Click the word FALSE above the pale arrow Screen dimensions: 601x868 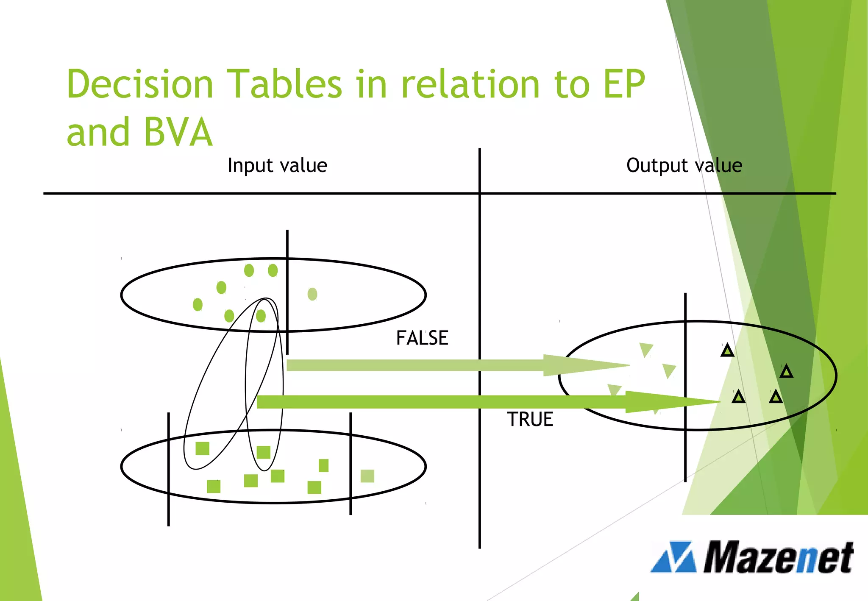coord(422,338)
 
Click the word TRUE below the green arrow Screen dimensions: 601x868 coord(530,420)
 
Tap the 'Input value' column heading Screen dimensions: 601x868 coord(277,165)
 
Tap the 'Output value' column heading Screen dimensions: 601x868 coord(684,165)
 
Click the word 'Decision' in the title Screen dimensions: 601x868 coord(140,84)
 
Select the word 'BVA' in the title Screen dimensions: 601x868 coord(178,132)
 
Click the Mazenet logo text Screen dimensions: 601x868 coord(778,558)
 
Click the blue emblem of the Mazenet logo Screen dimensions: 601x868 coord(673,557)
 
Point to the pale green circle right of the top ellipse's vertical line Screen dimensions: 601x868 coord(312,294)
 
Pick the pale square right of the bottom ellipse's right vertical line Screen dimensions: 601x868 coord(367,476)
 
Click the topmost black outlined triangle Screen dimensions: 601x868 coord(727,351)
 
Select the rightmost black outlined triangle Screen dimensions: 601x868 coord(786,372)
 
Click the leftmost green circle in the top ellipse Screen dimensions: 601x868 coord(198,304)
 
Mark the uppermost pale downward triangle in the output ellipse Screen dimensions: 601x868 coord(646,350)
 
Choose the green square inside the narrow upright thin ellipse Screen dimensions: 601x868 coord(264,452)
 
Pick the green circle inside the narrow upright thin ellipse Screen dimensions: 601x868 coord(261,316)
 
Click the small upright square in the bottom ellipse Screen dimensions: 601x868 coord(323,465)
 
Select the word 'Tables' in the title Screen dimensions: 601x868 coord(284,84)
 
